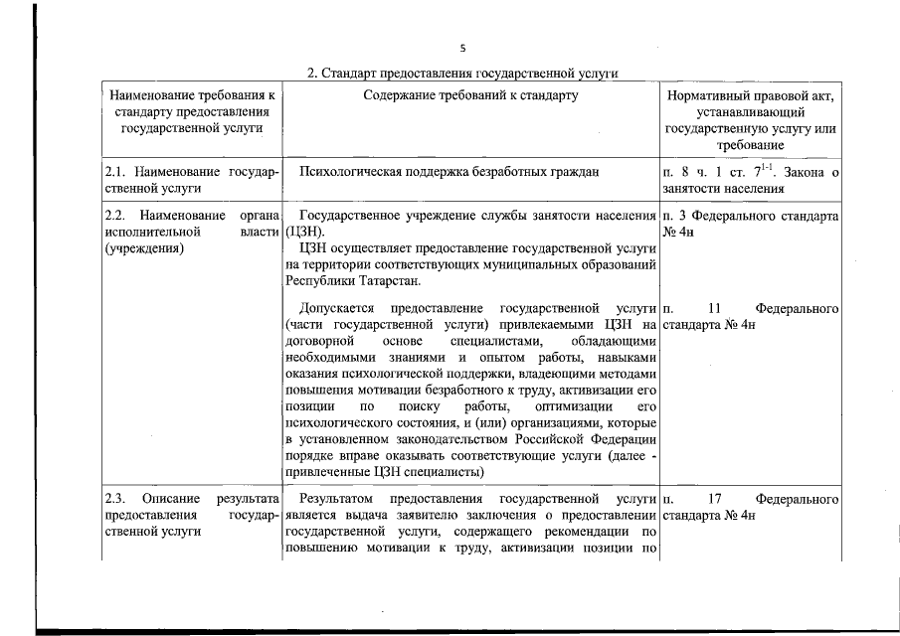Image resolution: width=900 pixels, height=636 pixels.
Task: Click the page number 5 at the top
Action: pos(462,48)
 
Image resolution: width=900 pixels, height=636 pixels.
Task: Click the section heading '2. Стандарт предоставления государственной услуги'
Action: pos(462,73)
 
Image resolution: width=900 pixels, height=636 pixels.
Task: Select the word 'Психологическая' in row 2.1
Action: pos(350,172)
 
